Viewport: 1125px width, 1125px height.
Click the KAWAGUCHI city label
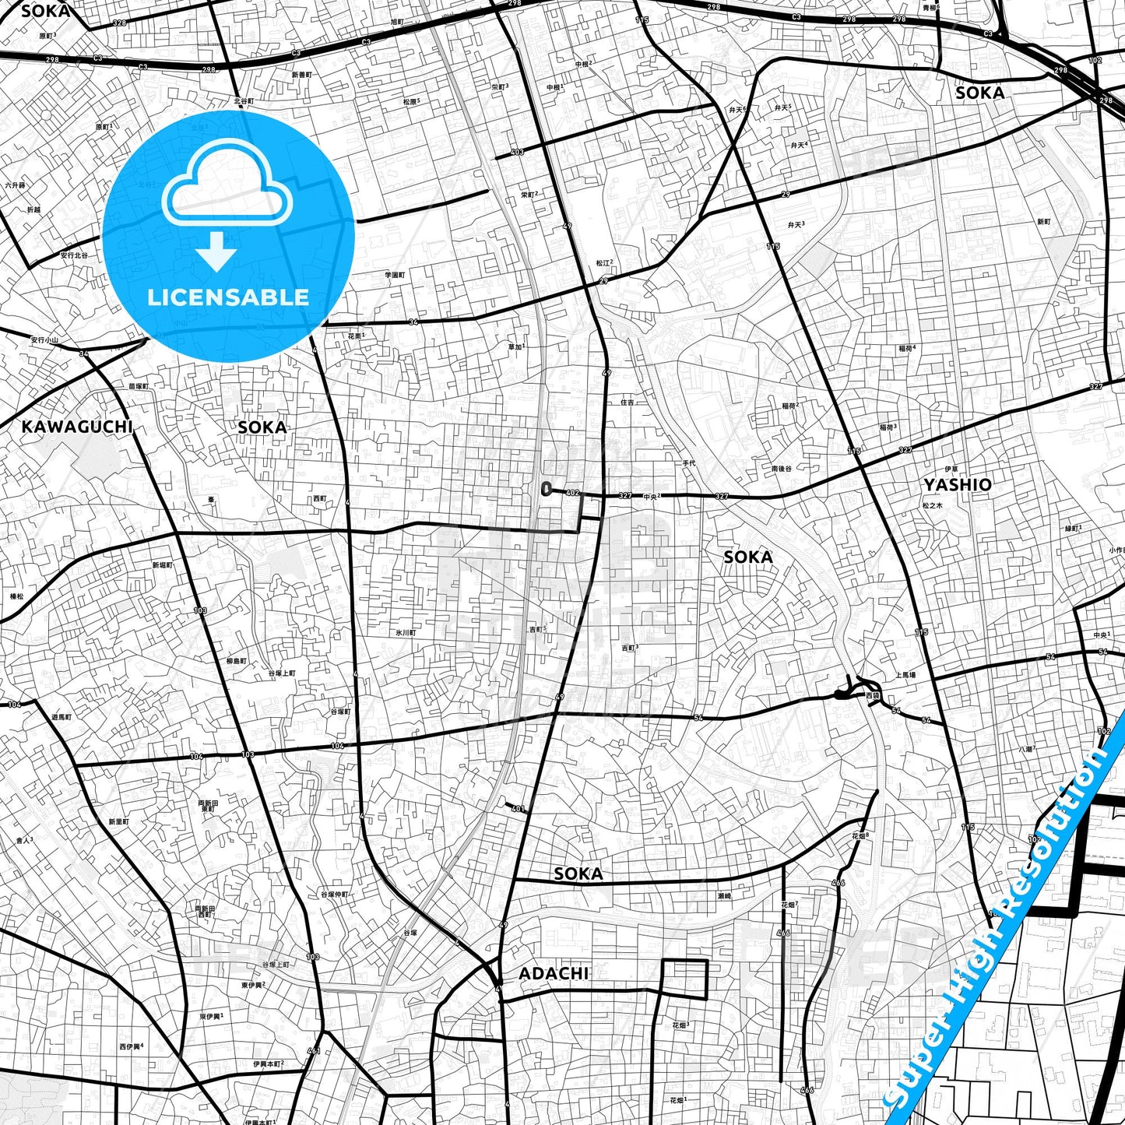click(x=76, y=427)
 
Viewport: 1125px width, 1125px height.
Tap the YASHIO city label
click(x=958, y=484)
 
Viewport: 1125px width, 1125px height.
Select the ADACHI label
click(x=554, y=973)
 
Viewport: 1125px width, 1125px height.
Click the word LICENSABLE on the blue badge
click(x=228, y=297)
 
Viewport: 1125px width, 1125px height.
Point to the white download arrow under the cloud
click(x=217, y=252)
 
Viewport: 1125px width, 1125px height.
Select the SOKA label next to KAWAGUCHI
click(x=262, y=427)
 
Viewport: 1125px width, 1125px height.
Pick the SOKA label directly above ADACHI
click(x=578, y=874)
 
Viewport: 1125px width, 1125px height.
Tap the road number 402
click(x=573, y=493)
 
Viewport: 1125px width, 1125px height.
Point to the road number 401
click(x=518, y=809)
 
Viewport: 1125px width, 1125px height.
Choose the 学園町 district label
click(x=396, y=275)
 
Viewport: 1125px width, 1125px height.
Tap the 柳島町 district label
click(x=236, y=661)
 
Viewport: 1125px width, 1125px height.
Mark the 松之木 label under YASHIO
click(x=932, y=505)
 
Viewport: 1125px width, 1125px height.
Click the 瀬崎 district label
click(x=724, y=896)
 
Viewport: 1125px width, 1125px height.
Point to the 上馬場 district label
click(x=905, y=675)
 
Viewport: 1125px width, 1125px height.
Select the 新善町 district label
click(x=301, y=75)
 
